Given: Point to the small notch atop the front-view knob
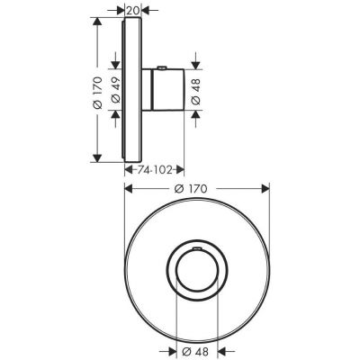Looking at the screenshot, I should tap(197, 244).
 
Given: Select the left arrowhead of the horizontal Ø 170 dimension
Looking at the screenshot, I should tap(129, 188).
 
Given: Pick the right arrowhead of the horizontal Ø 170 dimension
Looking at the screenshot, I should tap(266, 188).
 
